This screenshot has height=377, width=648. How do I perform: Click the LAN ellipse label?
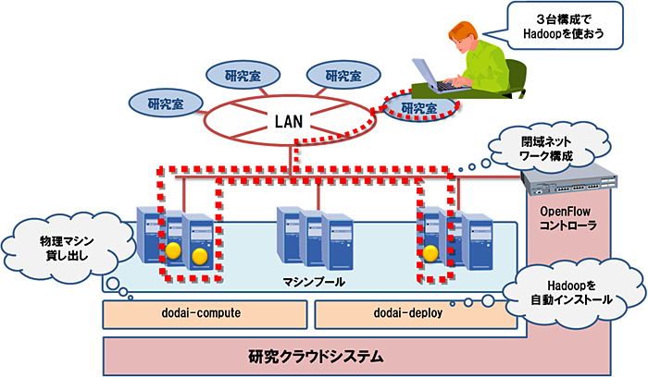tap(289, 120)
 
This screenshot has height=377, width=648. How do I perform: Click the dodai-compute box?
tap(204, 314)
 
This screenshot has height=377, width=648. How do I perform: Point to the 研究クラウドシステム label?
tap(315, 355)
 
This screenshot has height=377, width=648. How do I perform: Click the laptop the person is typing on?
tap(431, 71)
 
